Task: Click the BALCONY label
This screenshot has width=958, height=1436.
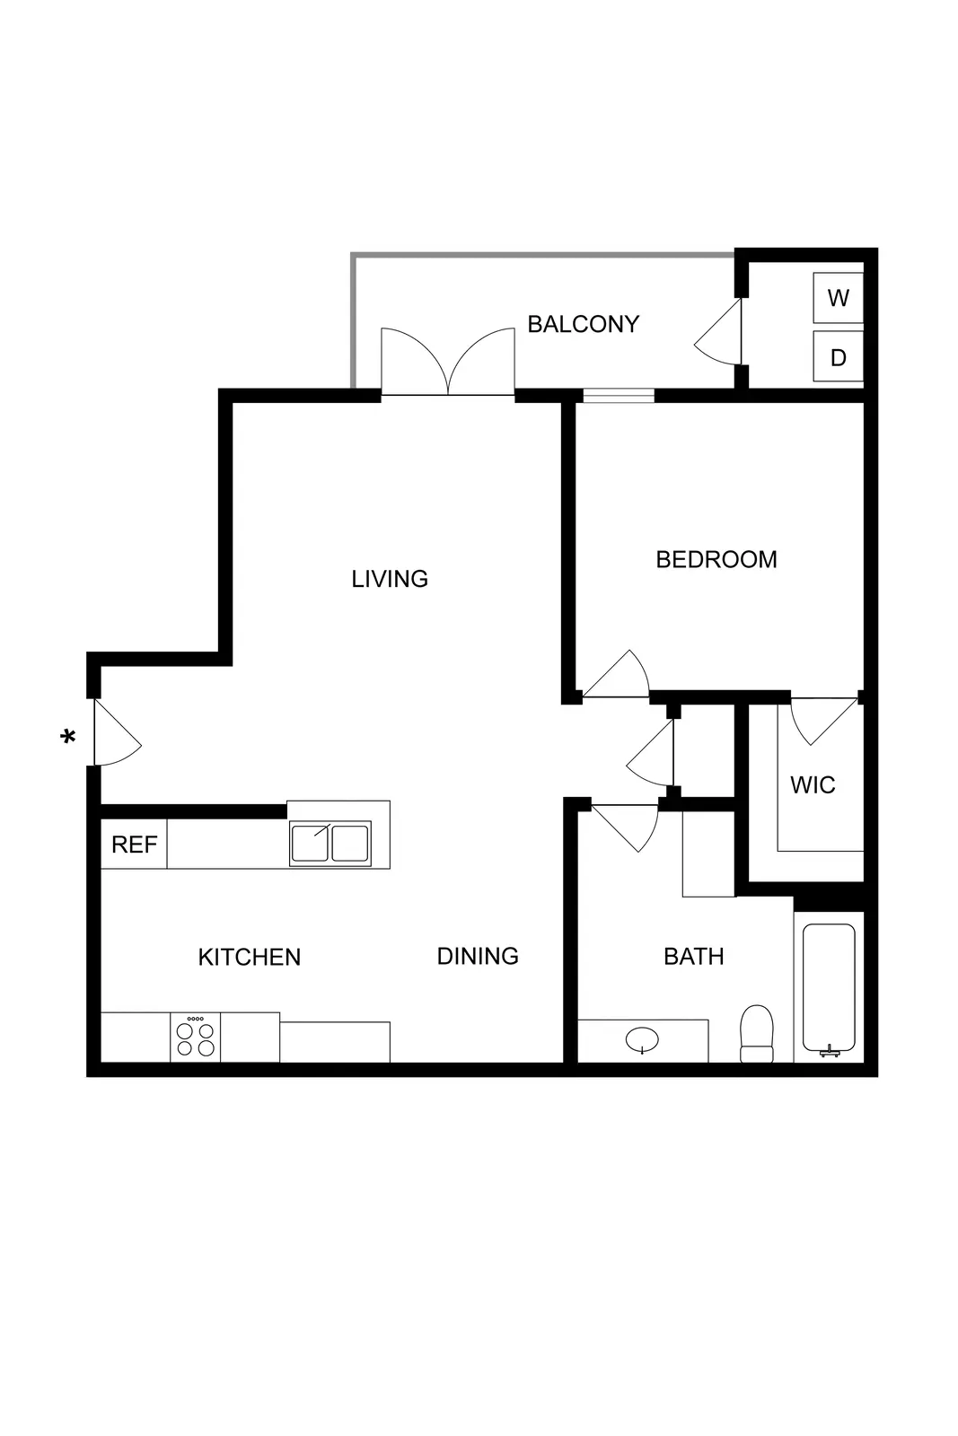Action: (x=583, y=324)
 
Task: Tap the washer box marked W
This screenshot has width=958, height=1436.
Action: (x=838, y=298)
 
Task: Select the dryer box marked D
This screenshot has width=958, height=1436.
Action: (x=838, y=358)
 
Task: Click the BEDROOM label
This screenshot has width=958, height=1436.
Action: (x=716, y=560)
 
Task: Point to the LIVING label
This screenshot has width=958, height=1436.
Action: (x=390, y=579)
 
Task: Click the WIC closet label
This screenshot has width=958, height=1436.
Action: (x=813, y=785)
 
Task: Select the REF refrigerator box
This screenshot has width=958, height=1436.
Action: (x=134, y=845)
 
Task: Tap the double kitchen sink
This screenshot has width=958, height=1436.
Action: (x=330, y=845)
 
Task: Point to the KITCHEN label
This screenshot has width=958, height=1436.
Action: (x=250, y=957)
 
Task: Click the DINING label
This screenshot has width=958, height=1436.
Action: (x=478, y=956)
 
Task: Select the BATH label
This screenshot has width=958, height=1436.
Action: (x=693, y=957)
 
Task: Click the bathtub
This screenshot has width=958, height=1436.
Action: (x=829, y=987)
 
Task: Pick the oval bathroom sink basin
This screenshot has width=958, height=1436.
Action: (x=642, y=1040)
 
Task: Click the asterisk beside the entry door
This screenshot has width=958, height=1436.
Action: (x=67, y=738)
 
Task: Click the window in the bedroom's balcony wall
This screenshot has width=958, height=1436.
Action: (x=619, y=395)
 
